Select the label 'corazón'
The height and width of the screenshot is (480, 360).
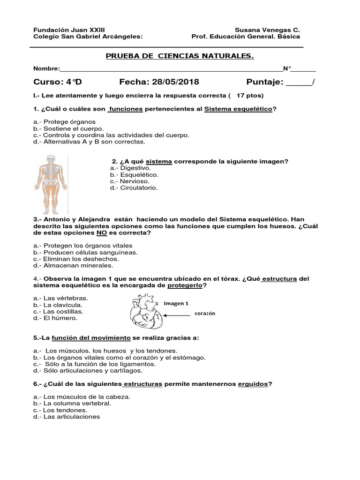[202, 314]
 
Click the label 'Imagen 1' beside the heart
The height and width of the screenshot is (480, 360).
[176, 303]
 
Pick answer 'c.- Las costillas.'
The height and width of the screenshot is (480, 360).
[59, 311]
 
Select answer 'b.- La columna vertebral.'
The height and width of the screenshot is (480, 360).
[72, 403]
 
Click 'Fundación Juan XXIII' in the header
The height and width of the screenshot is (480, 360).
[66, 30]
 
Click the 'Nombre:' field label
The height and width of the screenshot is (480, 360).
[46, 69]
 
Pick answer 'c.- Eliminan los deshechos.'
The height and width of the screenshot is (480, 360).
[76, 259]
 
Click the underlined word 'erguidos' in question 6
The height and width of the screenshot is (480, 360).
[253, 383]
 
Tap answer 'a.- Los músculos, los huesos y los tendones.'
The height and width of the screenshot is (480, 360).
[105, 351]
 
